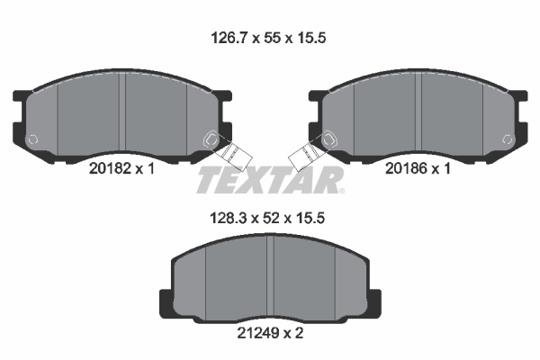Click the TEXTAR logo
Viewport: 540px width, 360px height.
(270, 180)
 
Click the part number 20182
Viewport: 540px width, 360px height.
(110, 169)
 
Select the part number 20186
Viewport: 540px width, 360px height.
(407, 169)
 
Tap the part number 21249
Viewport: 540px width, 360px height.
(258, 333)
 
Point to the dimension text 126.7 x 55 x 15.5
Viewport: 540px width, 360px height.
(268, 38)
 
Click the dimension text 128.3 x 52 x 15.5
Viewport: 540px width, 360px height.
(267, 218)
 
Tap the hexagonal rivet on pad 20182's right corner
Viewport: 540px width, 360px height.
(211, 139)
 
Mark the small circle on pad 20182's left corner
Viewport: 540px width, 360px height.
(32, 139)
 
